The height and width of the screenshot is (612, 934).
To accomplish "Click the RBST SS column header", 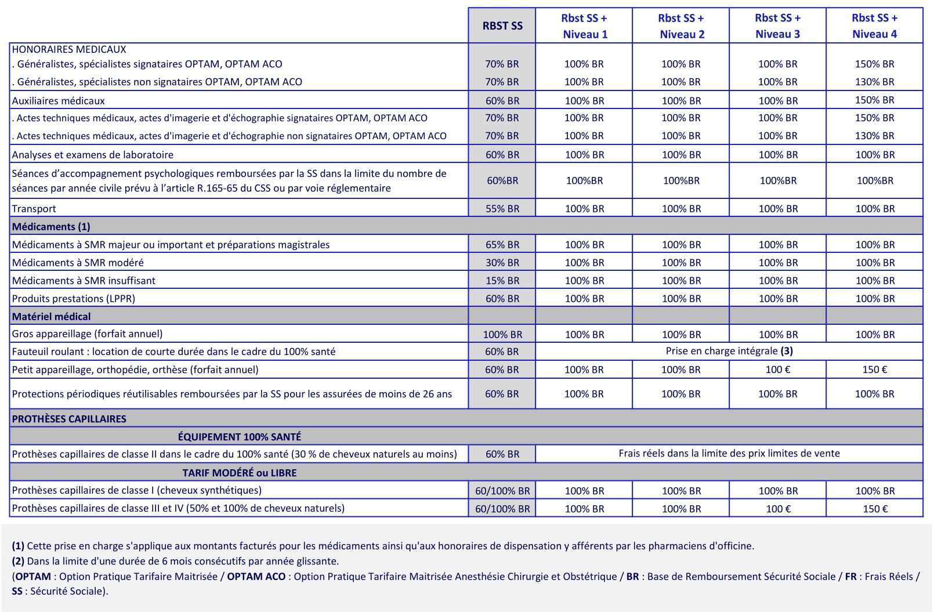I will pyautogui.click(x=502, y=26).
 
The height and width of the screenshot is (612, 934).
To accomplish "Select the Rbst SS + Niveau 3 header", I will pyautogui.click(x=777, y=26).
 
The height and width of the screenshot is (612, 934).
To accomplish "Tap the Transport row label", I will pyautogui.click(x=34, y=209).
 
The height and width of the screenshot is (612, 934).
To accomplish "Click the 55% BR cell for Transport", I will pyautogui.click(x=502, y=209).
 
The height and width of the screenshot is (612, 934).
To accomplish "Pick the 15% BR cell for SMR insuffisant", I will pyautogui.click(x=502, y=281).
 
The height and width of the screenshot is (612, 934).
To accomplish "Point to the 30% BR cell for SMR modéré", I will pyautogui.click(x=502, y=263).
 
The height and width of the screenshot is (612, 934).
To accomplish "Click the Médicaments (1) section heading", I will pyautogui.click(x=51, y=227).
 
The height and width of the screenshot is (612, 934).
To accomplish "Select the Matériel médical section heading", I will pyautogui.click(x=52, y=317).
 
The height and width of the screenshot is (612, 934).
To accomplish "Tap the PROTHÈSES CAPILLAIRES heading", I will pyautogui.click(x=69, y=419).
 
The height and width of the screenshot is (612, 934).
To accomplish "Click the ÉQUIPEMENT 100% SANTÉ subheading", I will pyautogui.click(x=239, y=437).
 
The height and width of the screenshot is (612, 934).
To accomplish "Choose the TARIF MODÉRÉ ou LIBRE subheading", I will pyautogui.click(x=239, y=473).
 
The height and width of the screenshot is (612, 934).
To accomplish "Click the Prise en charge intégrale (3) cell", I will pyautogui.click(x=729, y=351).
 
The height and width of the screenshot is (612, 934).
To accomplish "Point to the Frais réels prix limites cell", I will pyautogui.click(x=729, y=454).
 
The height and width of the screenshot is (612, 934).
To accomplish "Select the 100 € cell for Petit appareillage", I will pyautogui.click(x=777, y=370).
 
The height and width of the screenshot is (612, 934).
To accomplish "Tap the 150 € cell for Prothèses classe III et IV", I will pyautogui.click(x=875, y=509).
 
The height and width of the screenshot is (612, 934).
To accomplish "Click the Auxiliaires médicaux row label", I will pyautogui.click(x=59, y=101).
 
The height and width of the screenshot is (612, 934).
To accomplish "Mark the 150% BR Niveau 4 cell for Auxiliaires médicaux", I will pyautogui.click(x=875, y=100).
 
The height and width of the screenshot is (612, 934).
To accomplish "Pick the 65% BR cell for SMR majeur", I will pyautogui.click(x=502, y=245).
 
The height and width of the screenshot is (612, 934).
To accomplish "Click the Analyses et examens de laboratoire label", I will pyautogui.click(x=93, y=155).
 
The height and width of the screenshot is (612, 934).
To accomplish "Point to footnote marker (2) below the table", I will pyautogui.click(x=18, y=561).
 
